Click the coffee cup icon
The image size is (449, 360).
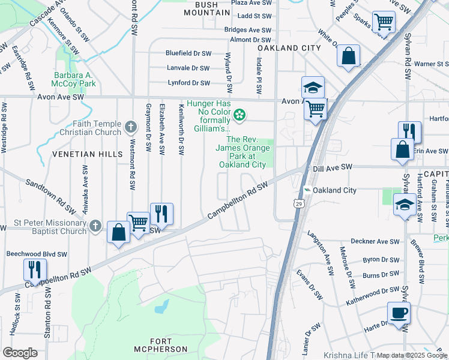pyautogui.click(x=399, y=313)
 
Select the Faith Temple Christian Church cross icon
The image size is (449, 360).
pyautogui.click(x=131, y=127)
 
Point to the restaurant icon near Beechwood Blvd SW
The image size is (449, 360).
pyautogui.click(x=36, y=269)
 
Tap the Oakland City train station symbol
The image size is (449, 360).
pyautogui.click(x=308, y=190)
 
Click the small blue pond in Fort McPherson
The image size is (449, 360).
pyautogui.click(x=161, y=308)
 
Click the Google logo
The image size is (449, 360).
pyautogui.click(x=20, y=353)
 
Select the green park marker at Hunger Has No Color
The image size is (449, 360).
pyautogui.click(x=240, y=114)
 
